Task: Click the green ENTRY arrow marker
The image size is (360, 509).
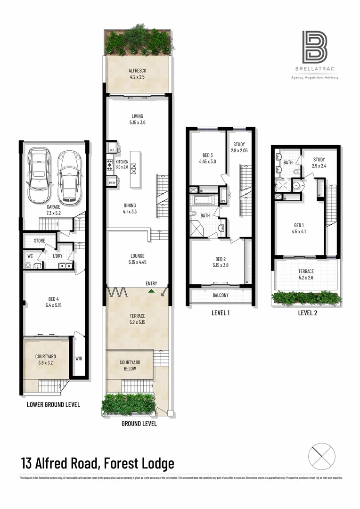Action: tap(151, 291)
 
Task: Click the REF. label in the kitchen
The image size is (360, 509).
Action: tap(112, 150)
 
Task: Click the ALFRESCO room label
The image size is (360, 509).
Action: tap(137, 71)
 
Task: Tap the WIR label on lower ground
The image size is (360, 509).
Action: tap(78, 358)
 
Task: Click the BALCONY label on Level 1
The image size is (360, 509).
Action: tap(221, 296)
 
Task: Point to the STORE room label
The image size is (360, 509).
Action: tap(40, 241)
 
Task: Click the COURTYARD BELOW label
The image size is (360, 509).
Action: tap(130, 365)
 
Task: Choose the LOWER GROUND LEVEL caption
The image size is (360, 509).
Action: tap(53, 404)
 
